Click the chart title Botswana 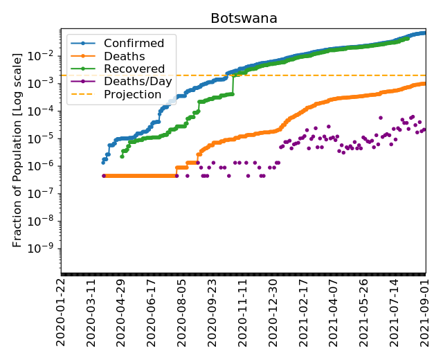click(x=244, y=19)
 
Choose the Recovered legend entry click(x=134, y=69)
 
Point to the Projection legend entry click(x=133, y=94)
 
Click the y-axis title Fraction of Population click(x=17, y=150)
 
